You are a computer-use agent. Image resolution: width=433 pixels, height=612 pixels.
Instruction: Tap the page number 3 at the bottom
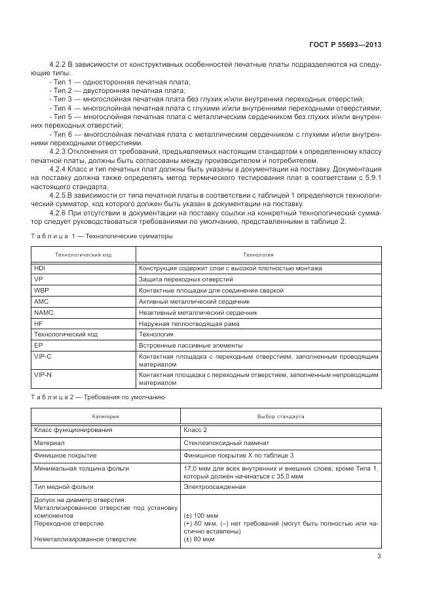point(379,557)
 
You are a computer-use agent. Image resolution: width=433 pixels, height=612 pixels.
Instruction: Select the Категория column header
point(105,416)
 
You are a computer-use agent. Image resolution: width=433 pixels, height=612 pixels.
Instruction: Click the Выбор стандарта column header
point(281,416)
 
